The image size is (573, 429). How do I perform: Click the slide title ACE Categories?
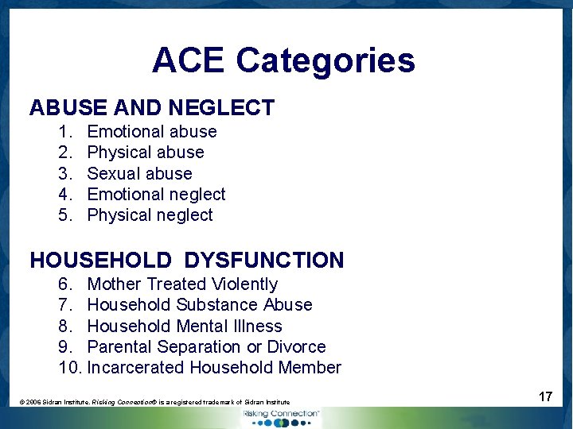[x=283, y=60]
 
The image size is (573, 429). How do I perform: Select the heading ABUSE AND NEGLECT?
[x=152, y=107]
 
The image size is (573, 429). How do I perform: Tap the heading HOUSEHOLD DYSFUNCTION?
[x=187, y=260]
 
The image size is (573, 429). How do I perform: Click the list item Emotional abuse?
[x=151, y=132]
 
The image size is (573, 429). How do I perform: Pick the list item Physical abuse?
[x=146, y=153]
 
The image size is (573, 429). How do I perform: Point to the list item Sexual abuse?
[x=139, y=173]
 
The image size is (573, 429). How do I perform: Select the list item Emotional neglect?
[x=156, y=194]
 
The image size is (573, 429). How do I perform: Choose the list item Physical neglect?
[x=150, y=215]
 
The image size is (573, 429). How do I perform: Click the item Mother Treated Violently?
[x=182, y=284]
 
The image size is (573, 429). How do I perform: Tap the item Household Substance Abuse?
[x=199, y=305]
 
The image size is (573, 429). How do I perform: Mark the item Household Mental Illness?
[x=184, y=326]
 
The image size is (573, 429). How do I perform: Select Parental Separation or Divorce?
[x=206, y=347]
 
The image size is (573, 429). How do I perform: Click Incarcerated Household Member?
[x=214, y=368]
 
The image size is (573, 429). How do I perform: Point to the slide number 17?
[x=545, y=396]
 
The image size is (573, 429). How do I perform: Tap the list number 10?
[x=69, y=368]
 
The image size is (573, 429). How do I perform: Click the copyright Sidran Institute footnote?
[x=154, y=403]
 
